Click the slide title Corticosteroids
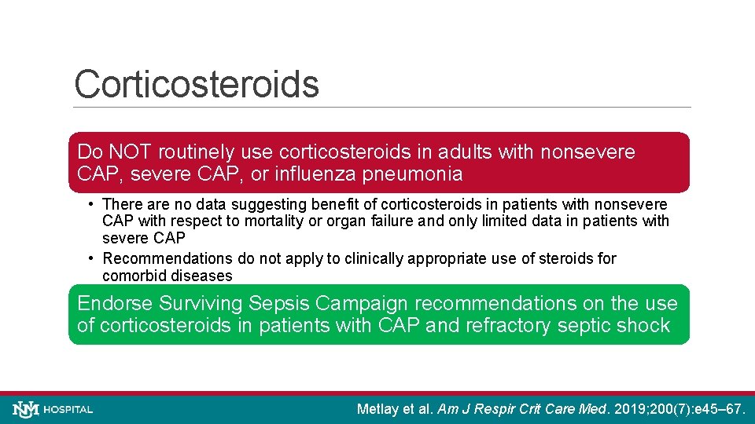[x=197, y=84]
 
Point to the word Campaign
[x=372, y=303]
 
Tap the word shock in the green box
[x=643, y=325]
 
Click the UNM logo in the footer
[x=24, y=409]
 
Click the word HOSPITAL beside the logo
[x=68, y=410]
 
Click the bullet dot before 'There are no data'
[x=92, y=203]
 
